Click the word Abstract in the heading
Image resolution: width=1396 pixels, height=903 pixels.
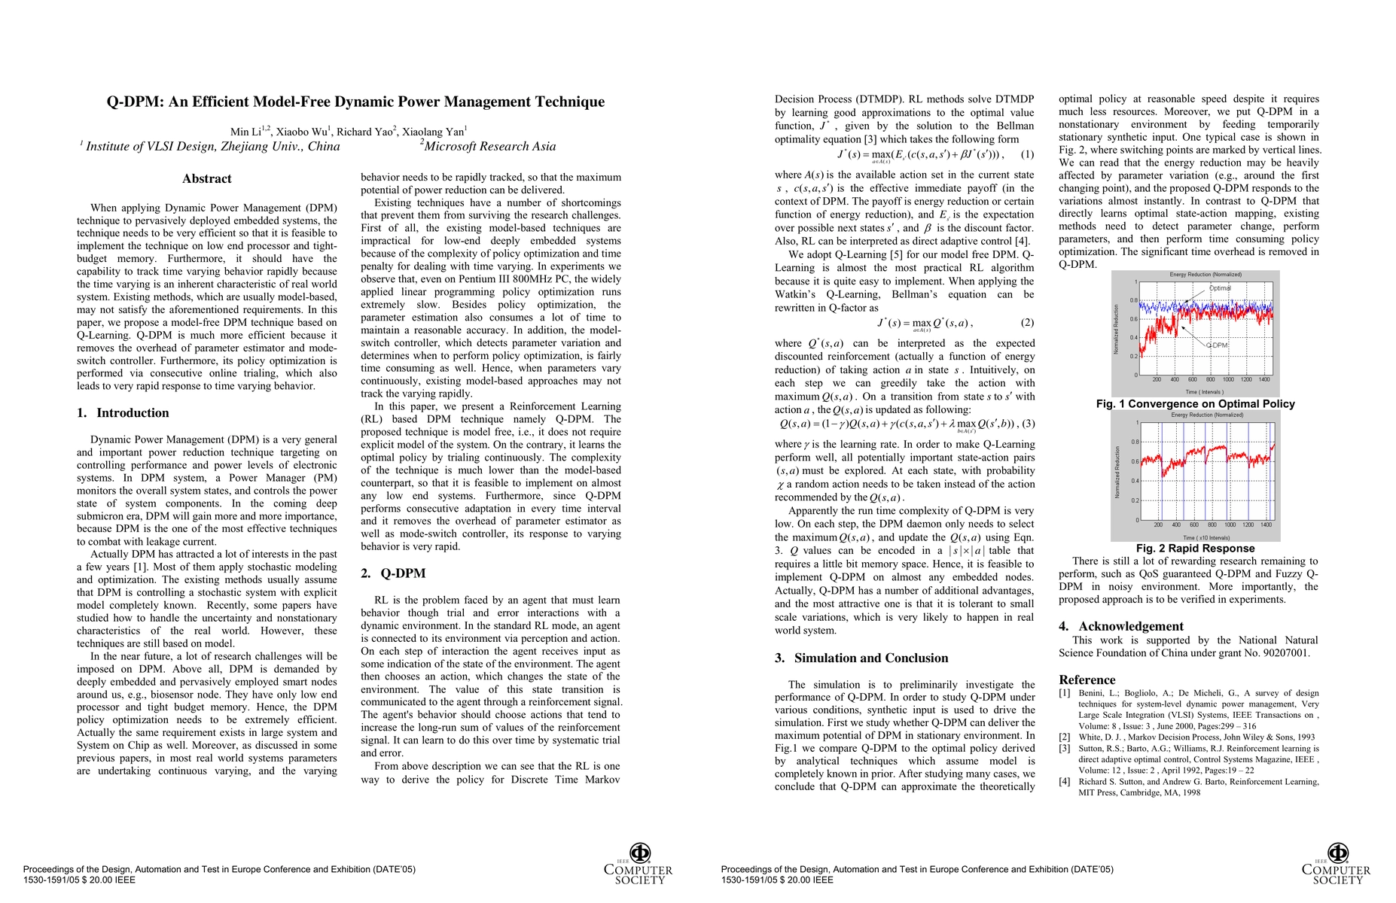[x=206, y=179]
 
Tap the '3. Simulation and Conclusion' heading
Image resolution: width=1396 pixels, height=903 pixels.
[x=861, y=658]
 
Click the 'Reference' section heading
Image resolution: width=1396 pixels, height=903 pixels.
[x=1087, y=680]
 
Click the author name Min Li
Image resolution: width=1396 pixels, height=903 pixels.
[x=245, y=132]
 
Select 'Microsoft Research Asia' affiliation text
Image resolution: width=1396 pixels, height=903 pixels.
[x=489, y=147]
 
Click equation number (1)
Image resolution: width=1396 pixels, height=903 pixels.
[x=1027, y=154]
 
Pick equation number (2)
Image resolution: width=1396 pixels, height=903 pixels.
[x=1027, y=323]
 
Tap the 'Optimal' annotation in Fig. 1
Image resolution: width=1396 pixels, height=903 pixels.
[x=1220, y=288]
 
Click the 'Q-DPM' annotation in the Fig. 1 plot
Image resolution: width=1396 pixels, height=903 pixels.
[x=1217, y=345]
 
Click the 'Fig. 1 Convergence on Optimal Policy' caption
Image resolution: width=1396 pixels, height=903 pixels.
[x=1195, y=404]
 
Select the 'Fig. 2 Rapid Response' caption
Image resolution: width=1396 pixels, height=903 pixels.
[x=1195, y=549]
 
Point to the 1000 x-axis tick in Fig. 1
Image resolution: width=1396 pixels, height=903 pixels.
[x=1228, y=380]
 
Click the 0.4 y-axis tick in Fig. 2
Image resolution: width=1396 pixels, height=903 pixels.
[x=1135, y=481]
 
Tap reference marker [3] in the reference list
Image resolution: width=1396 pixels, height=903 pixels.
[x=1065, y=749]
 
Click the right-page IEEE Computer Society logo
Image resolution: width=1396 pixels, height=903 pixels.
[x=1337, y=864]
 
